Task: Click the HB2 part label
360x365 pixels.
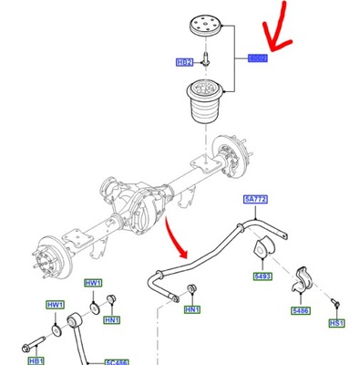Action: pos(185,63)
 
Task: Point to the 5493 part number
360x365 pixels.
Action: pos(262,275)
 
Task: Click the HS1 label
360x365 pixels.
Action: pos(336,348)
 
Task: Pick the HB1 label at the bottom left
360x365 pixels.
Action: pos(36,361)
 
